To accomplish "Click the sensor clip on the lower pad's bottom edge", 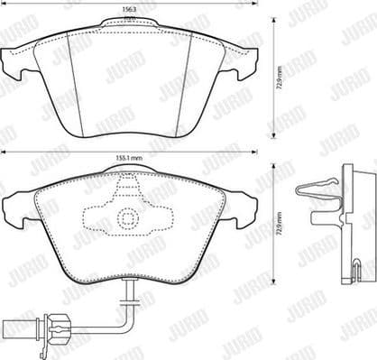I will pos(129,287).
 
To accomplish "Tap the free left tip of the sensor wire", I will pos(9,318).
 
